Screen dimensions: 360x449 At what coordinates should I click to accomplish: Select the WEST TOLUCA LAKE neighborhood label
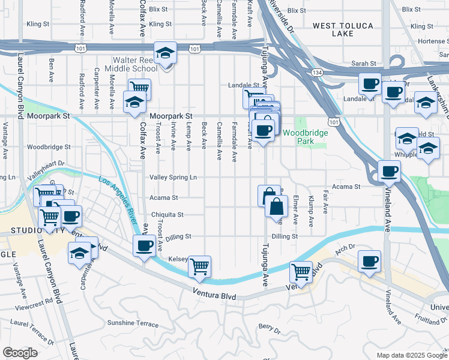tap(343, 29)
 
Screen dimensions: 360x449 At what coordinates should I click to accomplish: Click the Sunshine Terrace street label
tap(133, 323)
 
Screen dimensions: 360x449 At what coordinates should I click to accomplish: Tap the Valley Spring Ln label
tap(173, 178)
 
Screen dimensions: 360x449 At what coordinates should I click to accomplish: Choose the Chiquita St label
tap(167, 214)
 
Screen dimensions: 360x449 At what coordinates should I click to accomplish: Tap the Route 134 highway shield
tap(317, 71)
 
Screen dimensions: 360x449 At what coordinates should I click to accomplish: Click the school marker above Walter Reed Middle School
tap(165, 53)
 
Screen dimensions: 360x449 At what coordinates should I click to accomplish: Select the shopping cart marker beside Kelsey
tap(199, 266)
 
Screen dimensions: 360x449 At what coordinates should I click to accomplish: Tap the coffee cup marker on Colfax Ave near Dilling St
tap(144, 245)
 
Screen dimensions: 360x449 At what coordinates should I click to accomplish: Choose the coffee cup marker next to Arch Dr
tap(369, 261)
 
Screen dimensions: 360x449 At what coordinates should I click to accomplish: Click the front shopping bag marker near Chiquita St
tap(276, 207)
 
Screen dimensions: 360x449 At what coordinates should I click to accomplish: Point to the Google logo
tap(20, 353)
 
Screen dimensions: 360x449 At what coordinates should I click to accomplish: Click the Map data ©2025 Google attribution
tap(411, 355)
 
